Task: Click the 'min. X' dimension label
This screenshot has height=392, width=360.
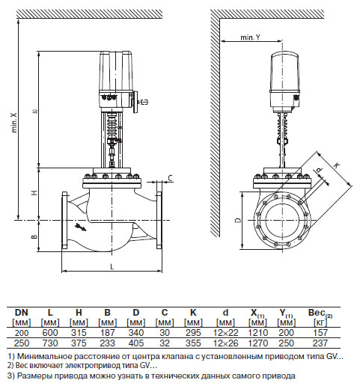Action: point(14,122)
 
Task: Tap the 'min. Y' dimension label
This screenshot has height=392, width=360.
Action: point(250,37)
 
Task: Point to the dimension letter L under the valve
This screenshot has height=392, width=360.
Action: point(112,267)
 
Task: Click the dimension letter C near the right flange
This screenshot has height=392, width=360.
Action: point(170,178)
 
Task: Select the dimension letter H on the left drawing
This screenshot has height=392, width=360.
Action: point(34,192)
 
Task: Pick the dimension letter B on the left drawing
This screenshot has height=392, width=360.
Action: point(34,236)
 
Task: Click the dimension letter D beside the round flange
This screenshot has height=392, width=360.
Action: point(238,220)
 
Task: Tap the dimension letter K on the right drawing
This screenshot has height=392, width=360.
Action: point(337,165)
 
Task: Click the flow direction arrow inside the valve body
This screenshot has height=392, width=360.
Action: point(81,227)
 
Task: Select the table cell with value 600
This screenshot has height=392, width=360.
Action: point(50,333)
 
